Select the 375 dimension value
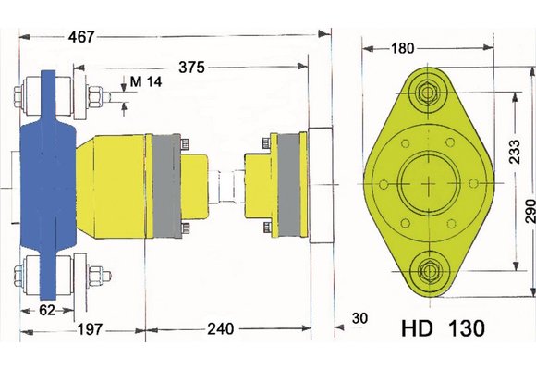click(192, 68)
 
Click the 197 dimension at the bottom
click(91, 329)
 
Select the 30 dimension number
click(359, 318)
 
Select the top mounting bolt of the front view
click(427, 92)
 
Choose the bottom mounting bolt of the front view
click(427, 271)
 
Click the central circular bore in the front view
click(427, 182)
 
